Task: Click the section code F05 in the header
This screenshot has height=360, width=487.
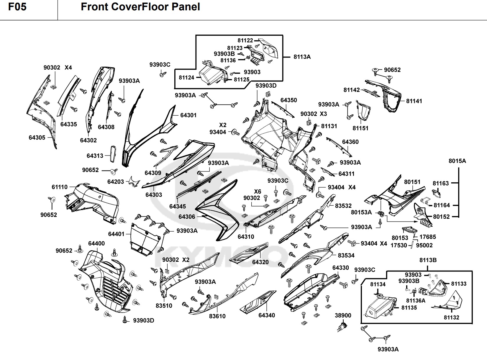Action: pos(17,7)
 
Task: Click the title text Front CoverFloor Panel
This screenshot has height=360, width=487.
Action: pos(140,7)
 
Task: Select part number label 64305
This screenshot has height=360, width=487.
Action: pos(37,138)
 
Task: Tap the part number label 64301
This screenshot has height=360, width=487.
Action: pos(188,115)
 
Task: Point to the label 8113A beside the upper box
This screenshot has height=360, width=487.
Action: pos(302,57)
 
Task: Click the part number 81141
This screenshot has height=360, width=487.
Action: pos(414,101)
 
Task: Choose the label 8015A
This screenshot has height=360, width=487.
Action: pos(457,161)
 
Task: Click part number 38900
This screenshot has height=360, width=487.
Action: pos(343,315)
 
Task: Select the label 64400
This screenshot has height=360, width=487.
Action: pos(96,243)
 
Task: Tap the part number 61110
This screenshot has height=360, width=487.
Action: pos(60,187)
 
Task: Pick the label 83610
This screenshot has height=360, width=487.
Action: pos(217,316)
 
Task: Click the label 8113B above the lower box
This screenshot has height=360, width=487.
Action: pos(428,260)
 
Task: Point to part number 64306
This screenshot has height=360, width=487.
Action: pos(187,217)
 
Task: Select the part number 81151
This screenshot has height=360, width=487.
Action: pos(360,128)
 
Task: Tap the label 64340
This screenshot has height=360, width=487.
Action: pos(266,315)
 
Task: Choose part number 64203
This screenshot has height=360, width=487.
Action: pos(116,182)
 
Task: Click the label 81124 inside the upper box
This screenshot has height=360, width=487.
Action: pos(186,78)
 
